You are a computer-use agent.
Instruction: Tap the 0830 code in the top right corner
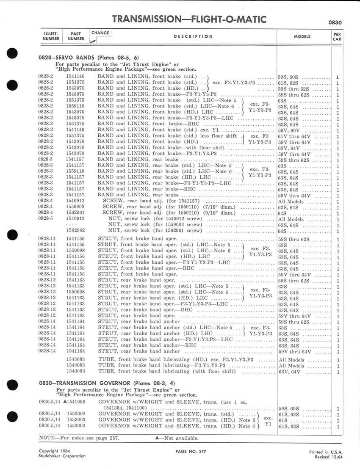[x=335, y=23]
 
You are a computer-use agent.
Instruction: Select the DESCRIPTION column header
[x=193, y=36]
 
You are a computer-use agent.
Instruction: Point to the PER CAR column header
[x=337, y=37]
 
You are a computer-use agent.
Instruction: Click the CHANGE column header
[x=100, y=33]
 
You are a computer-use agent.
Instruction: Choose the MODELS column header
[x=302, y=37]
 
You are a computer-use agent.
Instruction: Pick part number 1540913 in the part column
[x=75, y=219]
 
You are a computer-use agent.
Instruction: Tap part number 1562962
[x=75, y=231]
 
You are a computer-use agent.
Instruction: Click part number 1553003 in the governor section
[x=75, y=420]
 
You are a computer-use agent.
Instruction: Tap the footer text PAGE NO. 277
[x=191, y=452]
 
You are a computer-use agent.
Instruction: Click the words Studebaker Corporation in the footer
[x=62, y=456]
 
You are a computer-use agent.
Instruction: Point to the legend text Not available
[x=174, y=438]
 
